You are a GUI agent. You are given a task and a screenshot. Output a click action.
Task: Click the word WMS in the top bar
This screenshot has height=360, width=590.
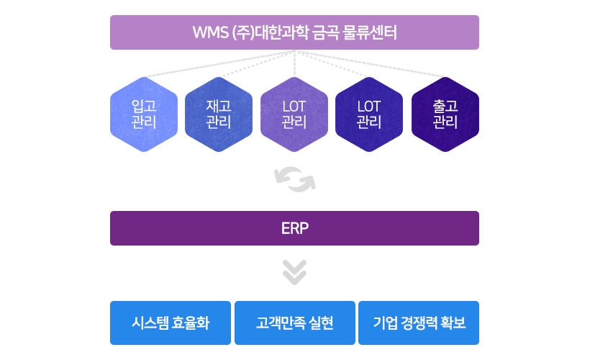click(211, 32)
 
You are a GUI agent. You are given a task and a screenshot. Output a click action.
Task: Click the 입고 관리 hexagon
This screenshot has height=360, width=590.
click(144, 114)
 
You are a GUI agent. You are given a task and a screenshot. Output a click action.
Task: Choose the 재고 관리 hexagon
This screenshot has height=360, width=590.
click(219, 114)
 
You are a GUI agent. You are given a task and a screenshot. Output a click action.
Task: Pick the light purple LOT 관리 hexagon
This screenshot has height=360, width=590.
click(294, 114)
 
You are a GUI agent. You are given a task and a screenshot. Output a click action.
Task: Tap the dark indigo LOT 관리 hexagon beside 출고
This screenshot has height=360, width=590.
click(369, 114)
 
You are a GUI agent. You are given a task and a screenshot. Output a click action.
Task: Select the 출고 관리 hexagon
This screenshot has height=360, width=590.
click(445, 114)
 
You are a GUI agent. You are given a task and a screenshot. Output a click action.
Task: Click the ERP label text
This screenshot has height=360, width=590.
click(294, 228)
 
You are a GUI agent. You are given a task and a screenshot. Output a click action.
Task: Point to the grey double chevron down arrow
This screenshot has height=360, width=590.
click(294, 272)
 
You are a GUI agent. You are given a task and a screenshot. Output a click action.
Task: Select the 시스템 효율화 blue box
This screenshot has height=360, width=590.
click(171, 323)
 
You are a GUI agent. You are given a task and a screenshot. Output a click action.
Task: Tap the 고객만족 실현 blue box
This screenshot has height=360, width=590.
click(294, 323)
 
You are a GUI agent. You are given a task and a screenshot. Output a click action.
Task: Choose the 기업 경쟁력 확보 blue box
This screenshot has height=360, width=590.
click(419, 323)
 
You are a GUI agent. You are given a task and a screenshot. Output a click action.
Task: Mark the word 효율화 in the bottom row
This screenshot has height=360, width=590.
click(191, 323)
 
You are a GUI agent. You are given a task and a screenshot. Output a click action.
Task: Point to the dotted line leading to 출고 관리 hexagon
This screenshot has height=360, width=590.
click(371, 63)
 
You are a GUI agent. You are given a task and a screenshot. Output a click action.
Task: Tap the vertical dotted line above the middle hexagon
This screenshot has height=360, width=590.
click(294, 63)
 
